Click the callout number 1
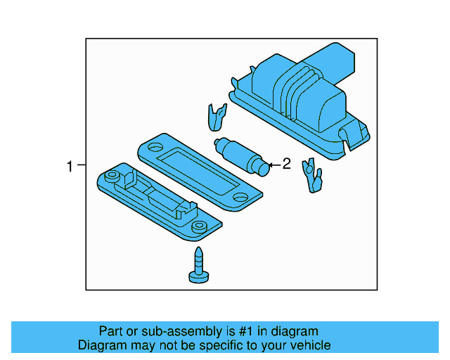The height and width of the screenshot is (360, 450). click(70, 167)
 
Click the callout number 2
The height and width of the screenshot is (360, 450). click(286, 165)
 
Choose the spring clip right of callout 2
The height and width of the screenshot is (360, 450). click(310, 176)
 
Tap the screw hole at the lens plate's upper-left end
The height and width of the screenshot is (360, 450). click(151, 148)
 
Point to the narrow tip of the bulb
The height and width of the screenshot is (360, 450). click(264, 168)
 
